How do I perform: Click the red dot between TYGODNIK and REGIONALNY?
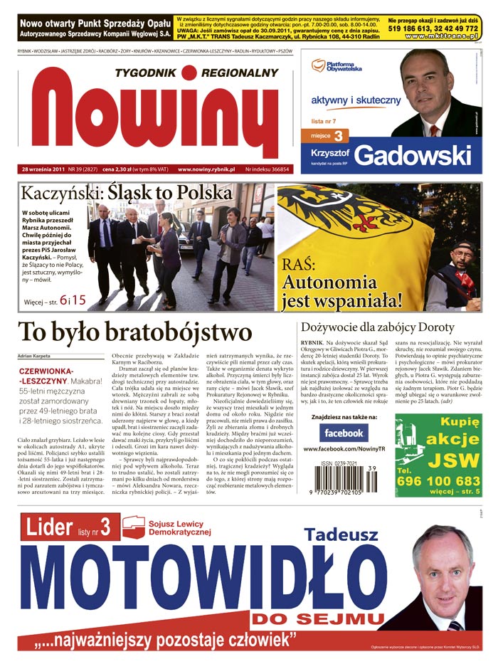(x=188, y=73)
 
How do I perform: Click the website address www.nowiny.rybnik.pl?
(x=206, y=169)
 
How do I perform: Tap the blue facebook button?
(x=344, y=432)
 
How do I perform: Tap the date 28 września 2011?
(x=43, y=169)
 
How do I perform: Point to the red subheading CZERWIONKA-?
(x=46, y=371)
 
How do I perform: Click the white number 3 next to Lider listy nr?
(x=105, y=527)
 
